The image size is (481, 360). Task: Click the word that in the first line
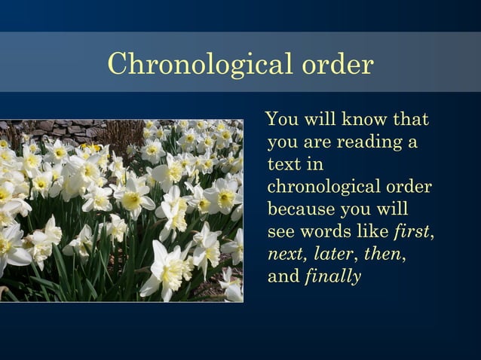[410, 120]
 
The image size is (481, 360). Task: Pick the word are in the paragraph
[316, 142]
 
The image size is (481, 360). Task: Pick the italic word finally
[332, 276]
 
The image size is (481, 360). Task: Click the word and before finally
[283, 276]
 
